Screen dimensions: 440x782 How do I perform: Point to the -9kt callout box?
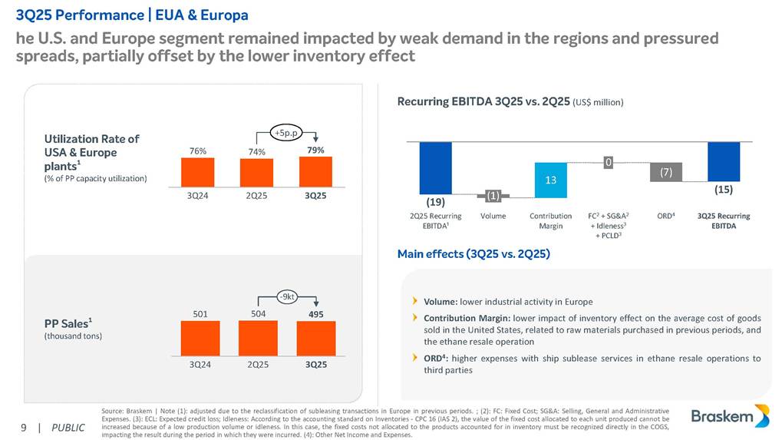pos(287,296)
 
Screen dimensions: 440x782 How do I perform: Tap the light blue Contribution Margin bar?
pos(550,178)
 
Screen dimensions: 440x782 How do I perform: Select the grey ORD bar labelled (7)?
pos(665,173)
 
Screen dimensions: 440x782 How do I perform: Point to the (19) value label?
pos(435,202)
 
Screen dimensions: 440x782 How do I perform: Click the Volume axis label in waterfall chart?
pos(493,217)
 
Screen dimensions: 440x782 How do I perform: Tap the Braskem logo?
pos(728,416)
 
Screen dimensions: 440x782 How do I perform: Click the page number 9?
pos(24,428)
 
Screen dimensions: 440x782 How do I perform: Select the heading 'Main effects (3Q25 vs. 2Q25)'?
pos(473,253)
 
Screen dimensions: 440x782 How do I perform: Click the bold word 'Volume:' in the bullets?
pos(440,301)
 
